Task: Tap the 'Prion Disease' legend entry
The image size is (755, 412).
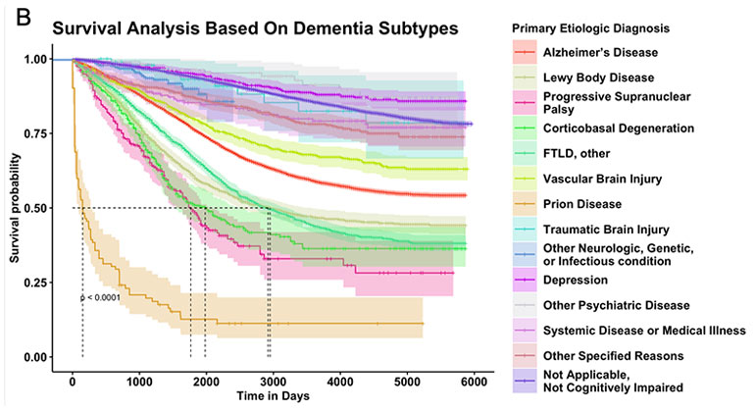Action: click(581, 203)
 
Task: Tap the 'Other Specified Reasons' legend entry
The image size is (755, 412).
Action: click(612, 355)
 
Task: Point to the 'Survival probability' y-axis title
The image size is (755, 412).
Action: click(14, 208)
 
